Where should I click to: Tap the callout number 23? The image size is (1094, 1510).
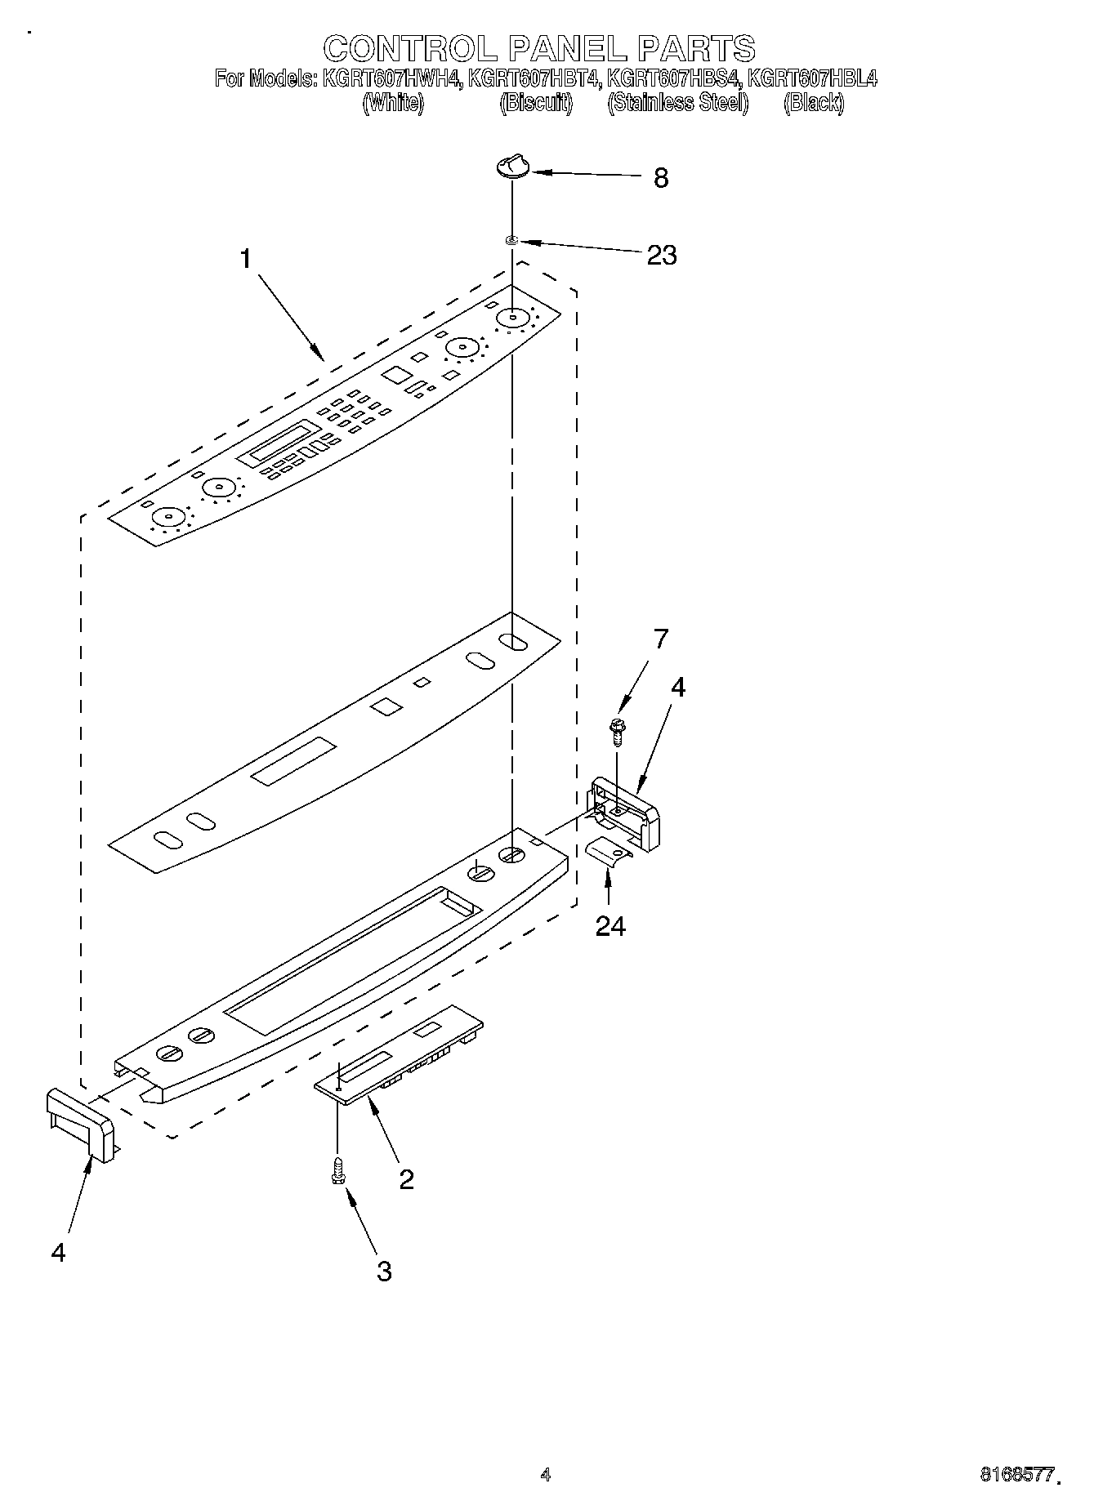coord(662,255)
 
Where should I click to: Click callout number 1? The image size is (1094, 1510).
coord(245,259)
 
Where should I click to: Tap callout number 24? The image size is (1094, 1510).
coord(610,926)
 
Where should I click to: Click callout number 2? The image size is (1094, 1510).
coord(405,1179)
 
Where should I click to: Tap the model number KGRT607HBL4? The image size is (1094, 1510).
coord(812,79)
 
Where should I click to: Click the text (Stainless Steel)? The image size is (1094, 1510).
coord(677,103)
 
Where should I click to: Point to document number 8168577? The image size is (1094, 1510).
coord(1016,1474)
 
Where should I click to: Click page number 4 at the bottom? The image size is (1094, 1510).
coord(546,1474)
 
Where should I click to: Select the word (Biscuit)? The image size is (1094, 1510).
coord(536,103)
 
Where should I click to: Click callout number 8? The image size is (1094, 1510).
coord(661,177)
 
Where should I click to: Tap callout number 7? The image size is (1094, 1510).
coord(660,639)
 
